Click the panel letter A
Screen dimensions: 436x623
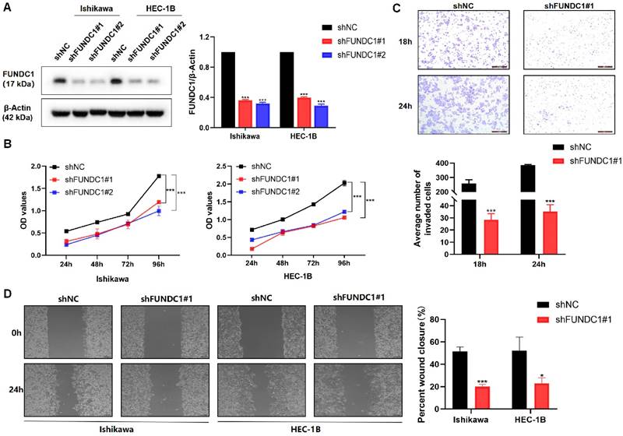[x=7, y=7]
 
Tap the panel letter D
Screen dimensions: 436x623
[x=7, y=296]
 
